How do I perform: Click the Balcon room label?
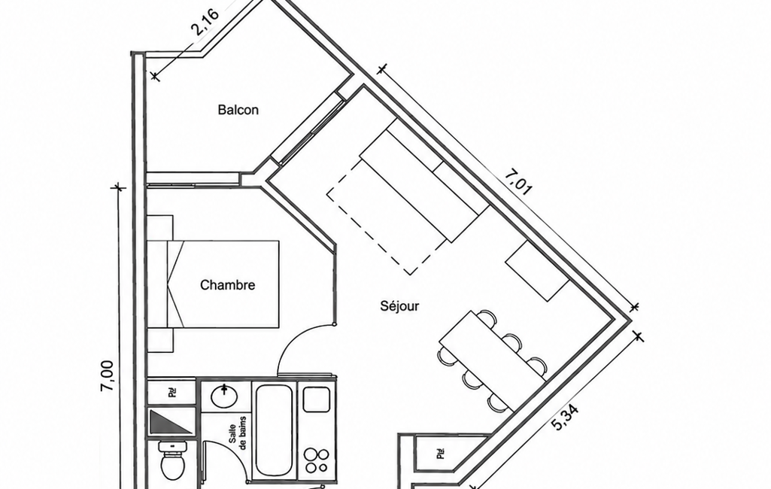pos(238,109)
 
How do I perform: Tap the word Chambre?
pos(228,285)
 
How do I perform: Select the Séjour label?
pos(399,306)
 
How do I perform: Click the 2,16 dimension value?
pos(205,22)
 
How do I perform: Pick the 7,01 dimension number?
pos(518,183)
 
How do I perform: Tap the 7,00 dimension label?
pos(108,376)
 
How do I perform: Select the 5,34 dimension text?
pos(564,418)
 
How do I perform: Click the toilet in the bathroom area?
pos(172,460)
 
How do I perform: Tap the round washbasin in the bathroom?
pos(225,396)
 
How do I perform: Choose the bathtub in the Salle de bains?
pos(273,430)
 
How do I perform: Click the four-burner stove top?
pos(316,461)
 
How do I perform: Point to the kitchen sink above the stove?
pos(317,399)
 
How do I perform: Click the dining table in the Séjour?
pos(492,354)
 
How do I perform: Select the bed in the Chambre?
pos(214,284)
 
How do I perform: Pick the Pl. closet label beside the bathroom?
pos(172,392)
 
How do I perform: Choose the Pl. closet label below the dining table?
pos(441,453)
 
